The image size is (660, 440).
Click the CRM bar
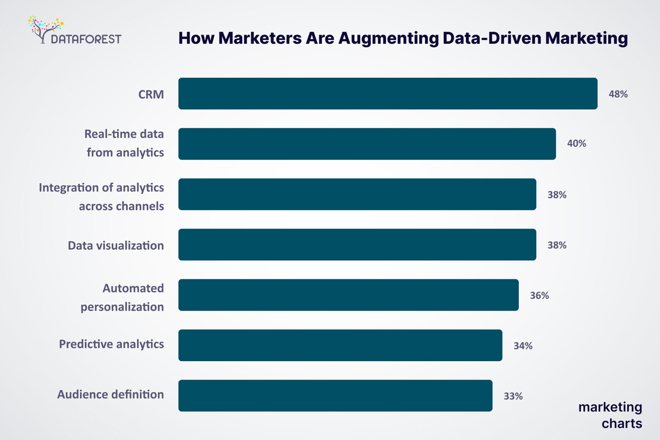[x=388, y=94]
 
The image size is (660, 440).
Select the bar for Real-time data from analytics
[x=367, y=144]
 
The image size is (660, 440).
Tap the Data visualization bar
[x=357, y=245]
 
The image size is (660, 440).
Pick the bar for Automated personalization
[x=348, y=295]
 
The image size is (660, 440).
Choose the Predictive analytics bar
[x=340, y=345]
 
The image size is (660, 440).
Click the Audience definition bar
[x=335, y=396]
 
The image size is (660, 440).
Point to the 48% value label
[x=618, y=94]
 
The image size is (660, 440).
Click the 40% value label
[x=576, y=144]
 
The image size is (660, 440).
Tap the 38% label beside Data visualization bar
[x=556, y=245]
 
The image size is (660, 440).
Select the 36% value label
[x=539, y=295]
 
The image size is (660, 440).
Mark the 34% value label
[x=522, y=346]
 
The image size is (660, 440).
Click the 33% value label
[x=513, y=396]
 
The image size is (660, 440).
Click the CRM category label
[x=151, y=95]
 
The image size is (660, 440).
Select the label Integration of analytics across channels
[x=101, y=197]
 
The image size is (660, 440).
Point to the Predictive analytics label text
[x=111, y=344]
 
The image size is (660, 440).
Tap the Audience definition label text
[x=111, y=394]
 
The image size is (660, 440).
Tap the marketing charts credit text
[x=610, y=415]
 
